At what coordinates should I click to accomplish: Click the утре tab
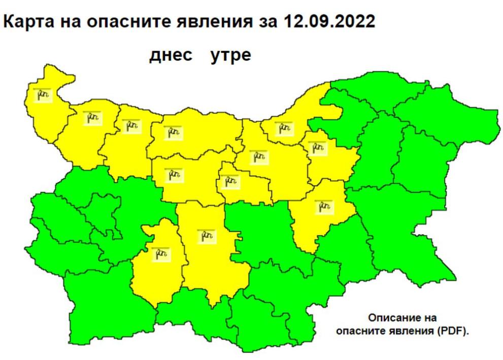(230, 55)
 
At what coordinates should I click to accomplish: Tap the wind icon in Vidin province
(44, 94)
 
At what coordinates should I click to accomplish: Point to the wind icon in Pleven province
(173, 133)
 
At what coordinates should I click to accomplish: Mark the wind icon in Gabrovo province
(230, 181)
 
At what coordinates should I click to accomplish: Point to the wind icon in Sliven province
(324, 206)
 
